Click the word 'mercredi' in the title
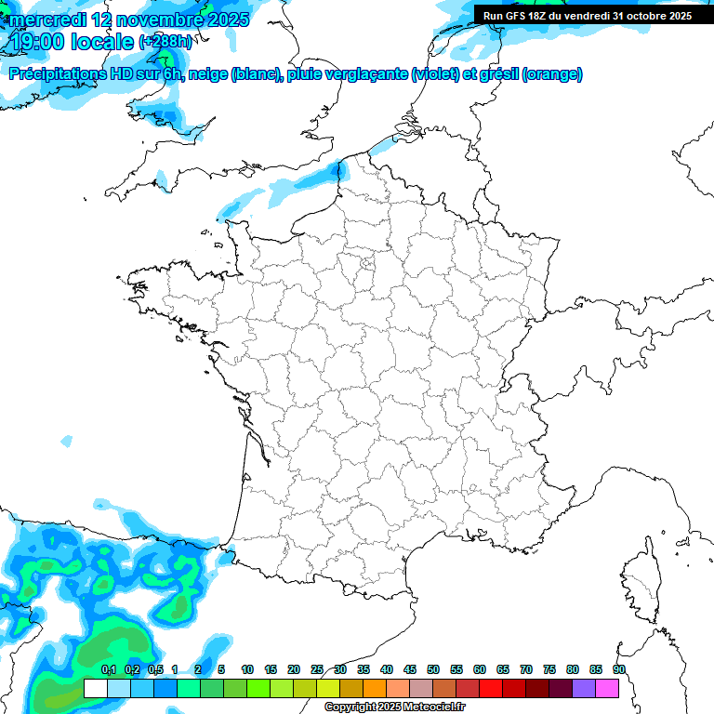point(47,20)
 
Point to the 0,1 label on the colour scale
point(108,670)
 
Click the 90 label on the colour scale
point(619,670)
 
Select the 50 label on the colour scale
point(433,670)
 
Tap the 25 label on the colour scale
point(317,670)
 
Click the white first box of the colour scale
point(95,688)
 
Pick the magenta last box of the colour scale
point(607,688)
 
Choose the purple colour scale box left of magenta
point(584,688)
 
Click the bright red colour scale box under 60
point(491,688)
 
